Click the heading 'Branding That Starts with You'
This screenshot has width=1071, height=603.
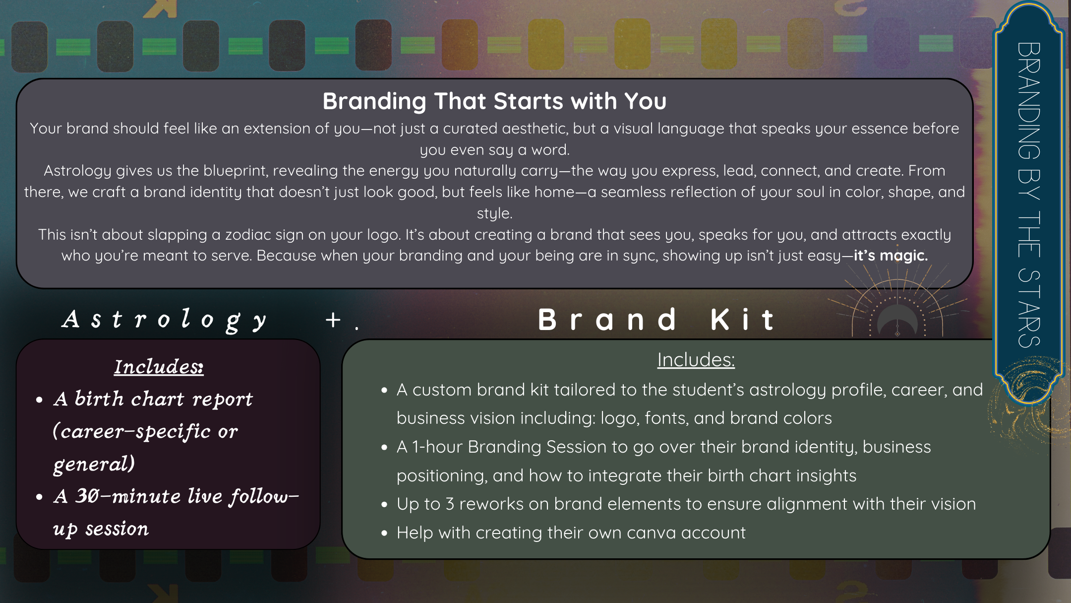pyautogui.click(x=494, y=101)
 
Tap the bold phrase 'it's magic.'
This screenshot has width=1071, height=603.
pyautogui.click(x=890, y=256)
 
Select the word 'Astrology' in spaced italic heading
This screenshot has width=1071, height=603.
pyautogui.click(x=165, y=319)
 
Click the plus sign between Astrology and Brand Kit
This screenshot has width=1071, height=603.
pyautogui.click(x=333, y=320)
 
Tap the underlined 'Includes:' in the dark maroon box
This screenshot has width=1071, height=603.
pyautogui.click(x=159, y=367)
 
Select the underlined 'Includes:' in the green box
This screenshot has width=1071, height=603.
pyautogui.click(x=696, y=360)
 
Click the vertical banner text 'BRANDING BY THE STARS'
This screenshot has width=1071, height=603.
pyautogui.click(x=1028, y=195)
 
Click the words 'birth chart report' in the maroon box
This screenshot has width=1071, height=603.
pyautogui.click(x=164, y=399)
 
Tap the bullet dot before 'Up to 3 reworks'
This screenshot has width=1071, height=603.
pyautogui.click(x=384, y=505)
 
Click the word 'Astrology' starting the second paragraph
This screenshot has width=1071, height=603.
pyautogui.click(x=77, y=171)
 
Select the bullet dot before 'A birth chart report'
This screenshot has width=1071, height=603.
pyautogui.click(x=40, y=400)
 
